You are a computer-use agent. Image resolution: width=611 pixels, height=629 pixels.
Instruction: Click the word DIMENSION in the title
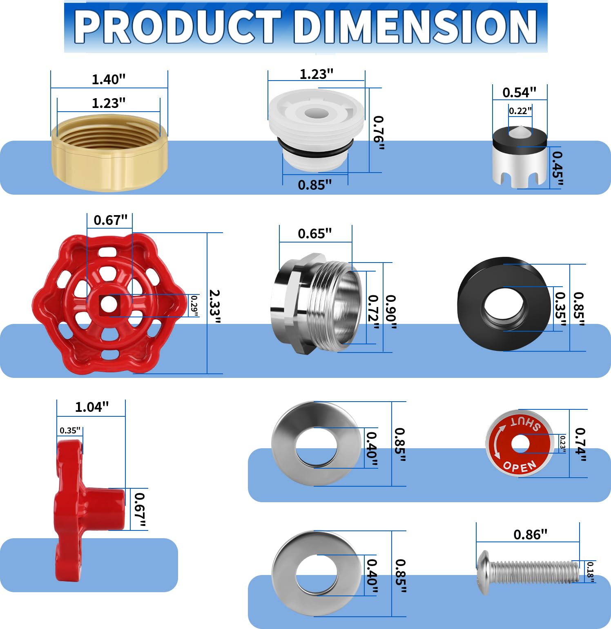(415, 27)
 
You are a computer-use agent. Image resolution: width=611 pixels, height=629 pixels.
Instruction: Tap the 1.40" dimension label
(108, 79)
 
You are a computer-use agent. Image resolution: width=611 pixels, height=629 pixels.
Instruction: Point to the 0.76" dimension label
(379, 133)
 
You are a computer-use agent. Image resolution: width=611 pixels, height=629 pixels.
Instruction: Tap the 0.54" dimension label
(519, 92)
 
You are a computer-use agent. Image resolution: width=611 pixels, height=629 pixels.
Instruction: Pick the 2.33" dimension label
(214, 306)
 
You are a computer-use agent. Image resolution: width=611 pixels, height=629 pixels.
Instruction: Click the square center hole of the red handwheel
(109, 305)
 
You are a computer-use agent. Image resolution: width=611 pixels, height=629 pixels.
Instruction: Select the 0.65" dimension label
(314, 234)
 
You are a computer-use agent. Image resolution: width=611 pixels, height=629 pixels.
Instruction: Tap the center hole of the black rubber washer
(504, 308)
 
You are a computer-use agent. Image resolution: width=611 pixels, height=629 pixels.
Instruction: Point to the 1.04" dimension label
(92, 407)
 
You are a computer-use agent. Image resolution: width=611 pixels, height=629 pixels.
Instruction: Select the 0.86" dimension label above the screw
(530, 535)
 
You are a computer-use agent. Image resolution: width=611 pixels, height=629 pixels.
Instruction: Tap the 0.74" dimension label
(580, 444)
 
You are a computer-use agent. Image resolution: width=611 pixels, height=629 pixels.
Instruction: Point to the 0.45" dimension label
(557, 169)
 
